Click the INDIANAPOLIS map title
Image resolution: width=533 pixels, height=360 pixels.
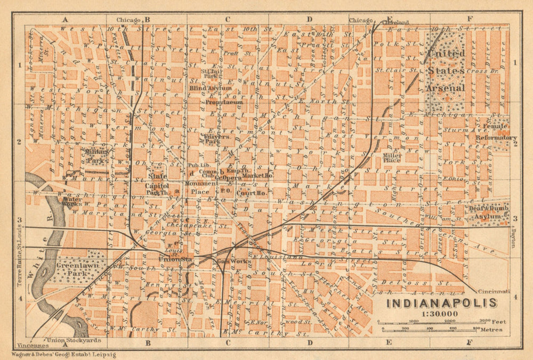[x=441, y=304]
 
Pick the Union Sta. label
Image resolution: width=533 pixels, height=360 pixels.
[x=175, y=259]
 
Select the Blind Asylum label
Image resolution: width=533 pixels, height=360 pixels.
[x=211, y=88]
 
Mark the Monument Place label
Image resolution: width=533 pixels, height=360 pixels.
[x=201, y=187]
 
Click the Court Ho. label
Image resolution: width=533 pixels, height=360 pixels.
[x=254, y=192]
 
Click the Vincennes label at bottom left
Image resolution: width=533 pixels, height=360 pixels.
[x=29, y=346]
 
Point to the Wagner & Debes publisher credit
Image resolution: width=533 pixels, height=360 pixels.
[x=59, y=354]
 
